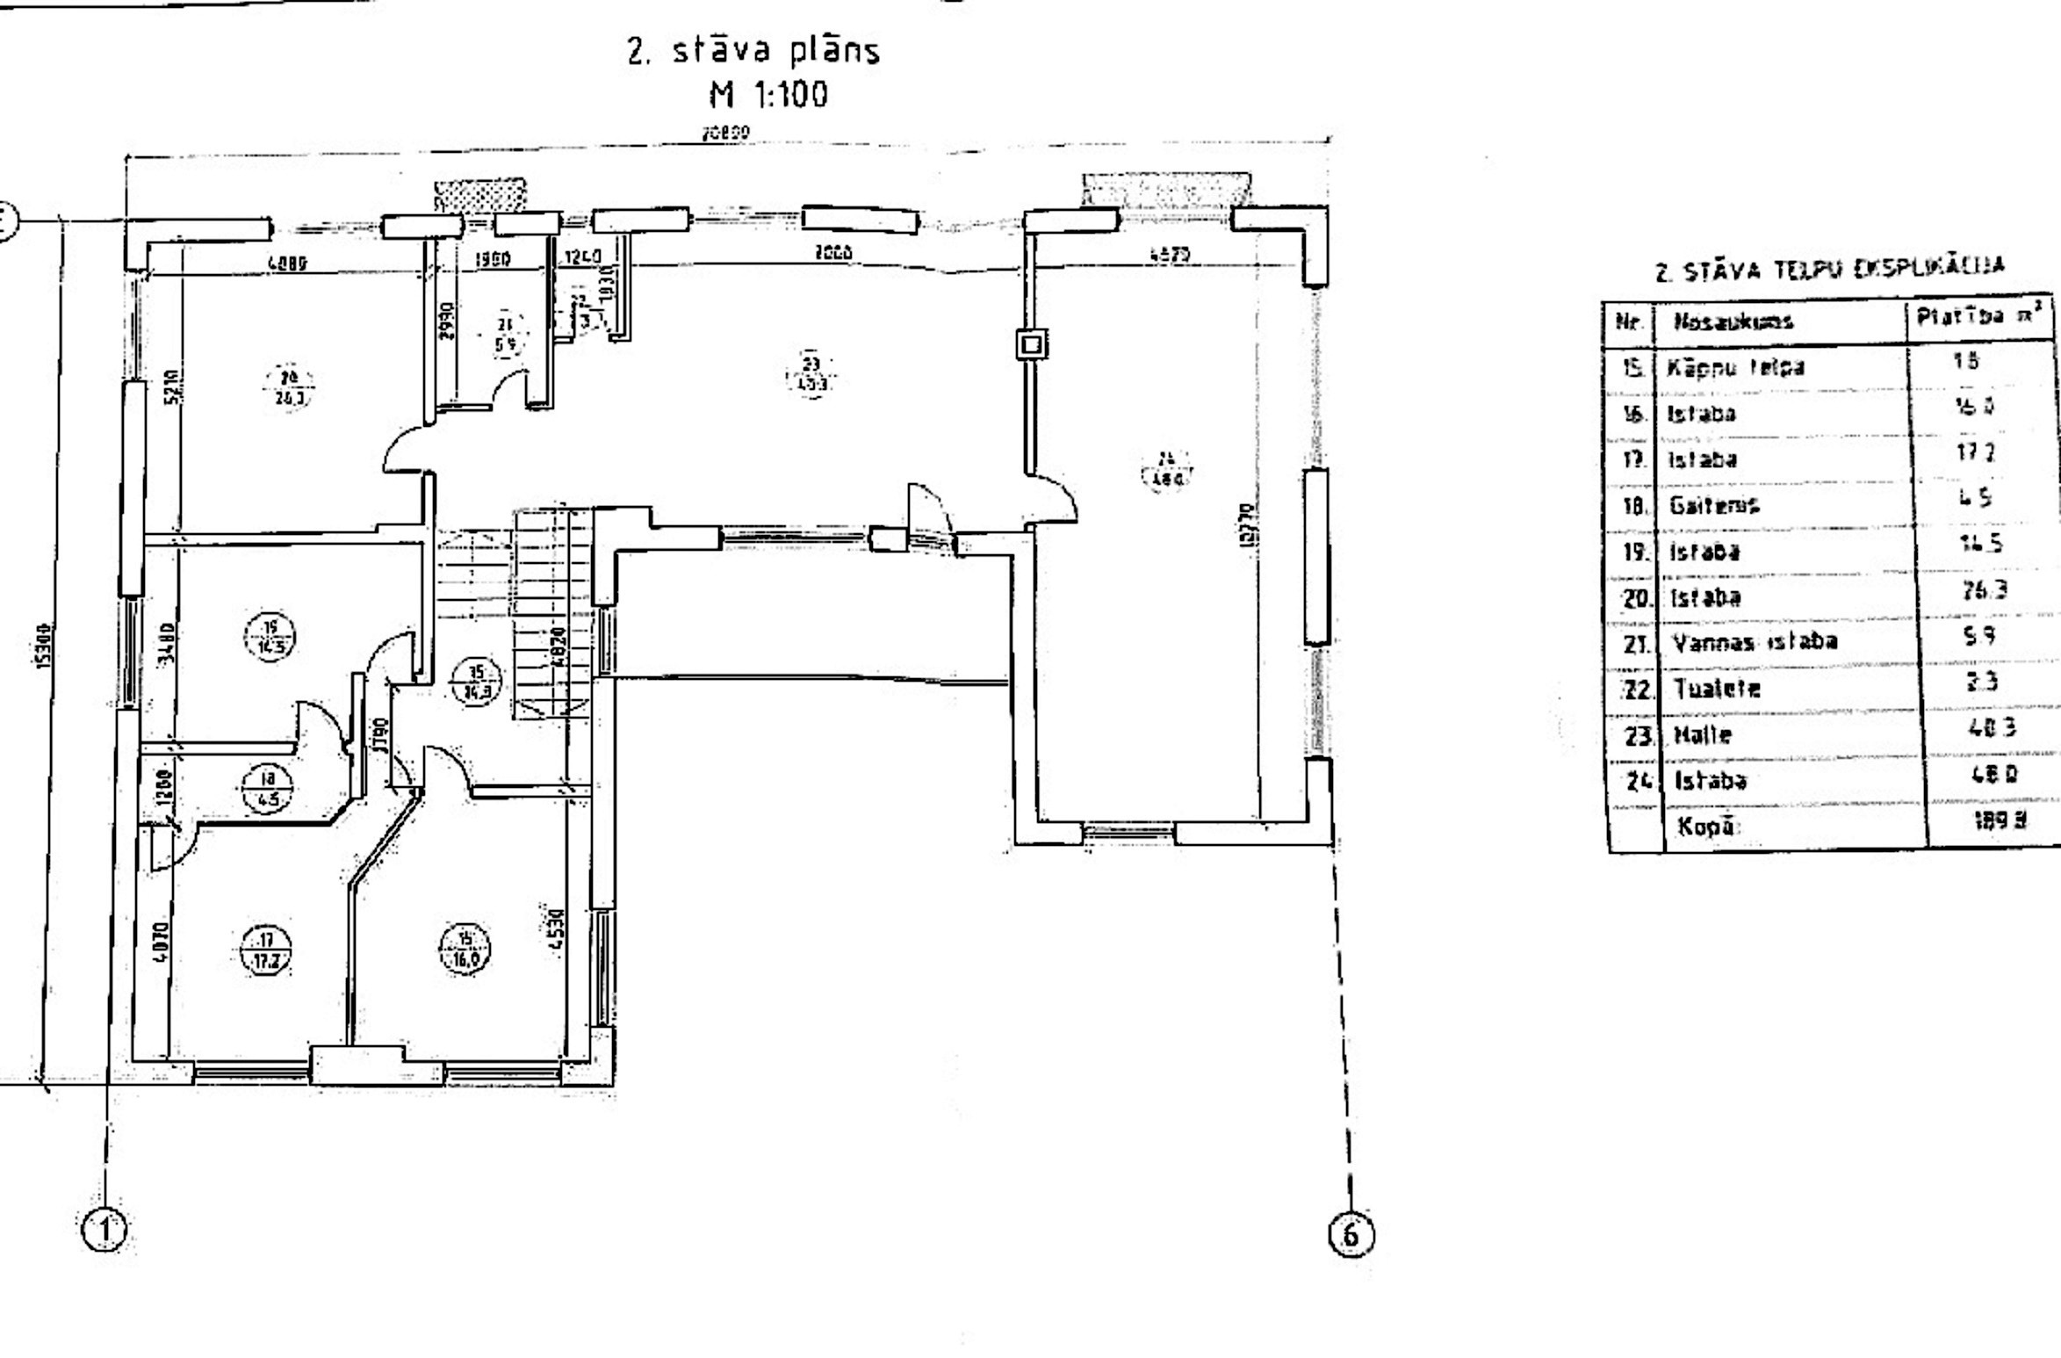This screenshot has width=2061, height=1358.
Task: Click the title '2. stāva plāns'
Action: point(753,51)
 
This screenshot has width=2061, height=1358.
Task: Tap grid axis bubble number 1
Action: point(104,1230)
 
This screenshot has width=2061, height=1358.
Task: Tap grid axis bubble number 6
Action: point(1351,1235)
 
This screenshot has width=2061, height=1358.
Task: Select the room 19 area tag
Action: point(270,637)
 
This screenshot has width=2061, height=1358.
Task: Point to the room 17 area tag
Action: point(266,951)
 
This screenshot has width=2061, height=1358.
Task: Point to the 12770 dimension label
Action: point(1251,524)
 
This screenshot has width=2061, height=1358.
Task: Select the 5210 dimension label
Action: point(175,384)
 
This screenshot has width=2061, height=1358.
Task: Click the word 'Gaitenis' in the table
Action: point(1714,505)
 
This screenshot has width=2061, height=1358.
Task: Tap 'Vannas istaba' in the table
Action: point(1755,641)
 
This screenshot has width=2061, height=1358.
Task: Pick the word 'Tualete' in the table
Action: point(1717,688)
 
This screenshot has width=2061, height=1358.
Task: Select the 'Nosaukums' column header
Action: point(1721,321)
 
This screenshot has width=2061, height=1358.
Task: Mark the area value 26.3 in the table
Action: point(1985,589)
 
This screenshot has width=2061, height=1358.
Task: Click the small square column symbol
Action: point(1032,344)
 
